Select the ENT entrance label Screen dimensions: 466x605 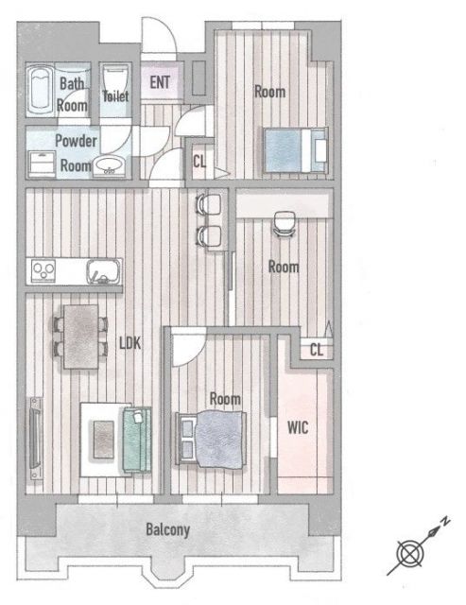(160, 82)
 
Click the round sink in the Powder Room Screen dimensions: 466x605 (109, 166)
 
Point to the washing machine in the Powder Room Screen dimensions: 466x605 (42, 164)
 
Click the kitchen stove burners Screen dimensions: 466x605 (43, 269)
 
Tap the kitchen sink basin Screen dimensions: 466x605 (103, 271)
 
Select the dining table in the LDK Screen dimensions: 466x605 (81, 337)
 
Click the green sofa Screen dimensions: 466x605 (136, 439)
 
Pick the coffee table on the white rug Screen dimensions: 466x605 (104, 440)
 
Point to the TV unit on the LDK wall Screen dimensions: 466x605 (36, 439)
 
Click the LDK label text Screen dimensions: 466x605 (130, 342)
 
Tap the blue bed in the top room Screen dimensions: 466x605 (296, 149)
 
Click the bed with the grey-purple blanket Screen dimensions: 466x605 (211, 439)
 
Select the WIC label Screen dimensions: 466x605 (298, 427)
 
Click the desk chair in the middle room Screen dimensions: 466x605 (285, 223)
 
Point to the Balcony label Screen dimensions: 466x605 (168, 529)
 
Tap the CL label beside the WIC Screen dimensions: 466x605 (317, 350)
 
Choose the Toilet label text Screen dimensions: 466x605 (115, 95)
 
